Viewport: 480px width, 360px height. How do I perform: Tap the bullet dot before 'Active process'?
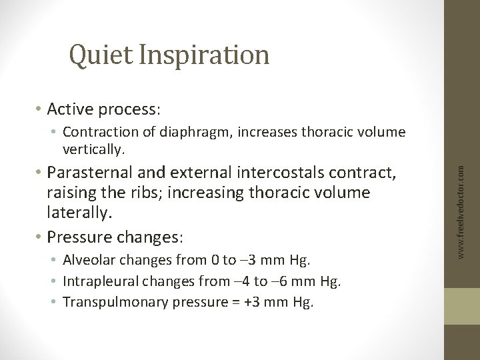(41, 109)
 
